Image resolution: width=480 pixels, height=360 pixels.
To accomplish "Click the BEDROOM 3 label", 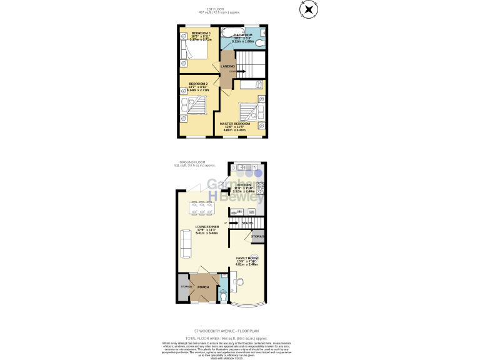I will [201, 32].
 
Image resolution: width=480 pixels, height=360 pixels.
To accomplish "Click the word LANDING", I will [227, 66].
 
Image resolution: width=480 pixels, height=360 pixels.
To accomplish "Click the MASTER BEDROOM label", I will [235, 124].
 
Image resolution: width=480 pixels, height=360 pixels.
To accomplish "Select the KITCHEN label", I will [242, 185].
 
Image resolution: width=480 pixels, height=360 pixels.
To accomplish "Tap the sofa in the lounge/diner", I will [186, 243].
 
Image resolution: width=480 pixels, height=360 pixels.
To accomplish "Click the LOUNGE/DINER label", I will [206, 227].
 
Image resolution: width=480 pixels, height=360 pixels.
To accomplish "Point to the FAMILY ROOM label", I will [247, 257].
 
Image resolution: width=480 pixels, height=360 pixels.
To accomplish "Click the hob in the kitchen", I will [260, 187].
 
